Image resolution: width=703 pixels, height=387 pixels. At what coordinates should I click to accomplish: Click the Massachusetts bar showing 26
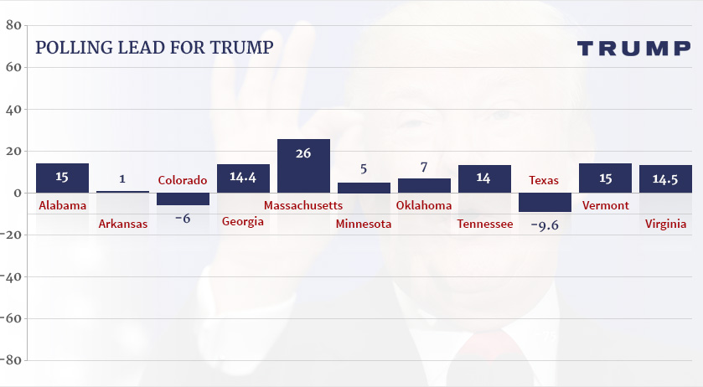tap(303, 166)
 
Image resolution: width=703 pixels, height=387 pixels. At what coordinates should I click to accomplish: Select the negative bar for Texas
tap(545, 203)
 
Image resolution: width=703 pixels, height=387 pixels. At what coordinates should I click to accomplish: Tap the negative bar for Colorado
tap(183, 199)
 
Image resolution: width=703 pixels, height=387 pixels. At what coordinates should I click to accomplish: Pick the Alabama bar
tap(62, 178)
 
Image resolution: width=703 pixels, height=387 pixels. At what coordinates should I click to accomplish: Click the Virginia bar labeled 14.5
tap(665, 178)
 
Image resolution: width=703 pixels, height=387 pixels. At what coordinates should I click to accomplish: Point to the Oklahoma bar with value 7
tap(424, 185)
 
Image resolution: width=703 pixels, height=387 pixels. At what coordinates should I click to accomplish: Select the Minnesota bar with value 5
tap(364, 188)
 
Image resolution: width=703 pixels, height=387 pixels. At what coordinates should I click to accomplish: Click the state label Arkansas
tap(123, 224)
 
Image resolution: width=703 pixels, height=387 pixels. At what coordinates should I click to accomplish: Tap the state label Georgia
tap(243, 222)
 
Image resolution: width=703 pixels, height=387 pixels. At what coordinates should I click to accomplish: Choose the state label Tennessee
tap(485, 224)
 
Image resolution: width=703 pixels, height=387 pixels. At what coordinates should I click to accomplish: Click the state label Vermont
tap(605, 205)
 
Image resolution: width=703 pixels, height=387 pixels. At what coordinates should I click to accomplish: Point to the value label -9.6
tap(545, 224)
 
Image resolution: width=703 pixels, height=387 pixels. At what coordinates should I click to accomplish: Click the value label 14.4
tap(243, 178)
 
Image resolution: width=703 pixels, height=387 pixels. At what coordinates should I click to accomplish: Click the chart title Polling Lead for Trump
tap(154, 47)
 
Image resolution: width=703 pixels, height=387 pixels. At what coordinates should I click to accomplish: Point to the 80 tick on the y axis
tap(13, 25)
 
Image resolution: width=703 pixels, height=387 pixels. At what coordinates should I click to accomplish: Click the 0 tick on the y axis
tap(18, 193)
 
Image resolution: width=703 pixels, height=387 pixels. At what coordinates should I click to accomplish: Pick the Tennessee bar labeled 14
tap(484, 178)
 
